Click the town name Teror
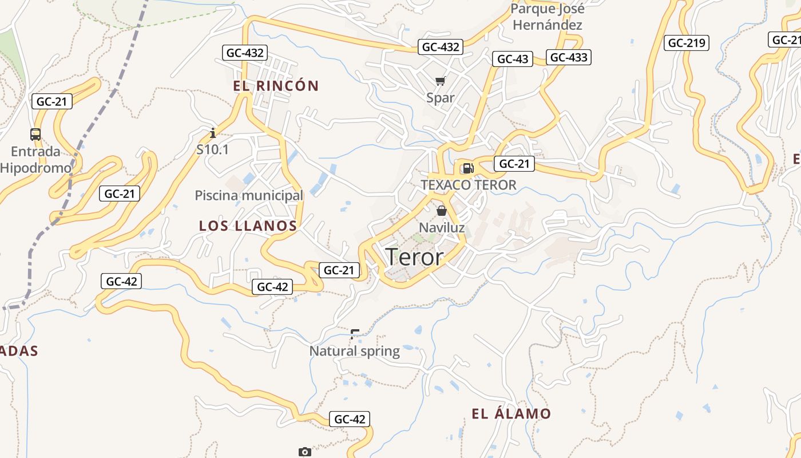click(x=414, y=257)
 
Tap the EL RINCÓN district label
click(x=276, y=86)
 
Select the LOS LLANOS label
click(x=248, y=226)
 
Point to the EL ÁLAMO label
click(x=511, y=413)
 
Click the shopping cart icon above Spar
click(x=440, y=81)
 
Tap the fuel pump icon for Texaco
click(x=468, y=168)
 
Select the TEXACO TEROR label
click(x=469, y=185)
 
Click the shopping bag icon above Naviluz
click(x=441, y=210)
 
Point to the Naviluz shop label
click(x=442, y=228)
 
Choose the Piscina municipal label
click(x=249, y=195)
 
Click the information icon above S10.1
click(x=213, y=133)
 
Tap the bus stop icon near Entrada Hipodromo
click(x=35, y=135)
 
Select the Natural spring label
click(x=355, y=351)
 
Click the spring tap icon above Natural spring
click(x=355, y=334)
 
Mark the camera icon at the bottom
click(x=305, y=452)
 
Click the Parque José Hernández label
click(x=548, y=17)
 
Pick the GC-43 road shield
click(x=513, y=59)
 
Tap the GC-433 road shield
click(x=568, y=57)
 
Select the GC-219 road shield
click(x=686, y=42)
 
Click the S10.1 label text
click(x=212, y=150)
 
